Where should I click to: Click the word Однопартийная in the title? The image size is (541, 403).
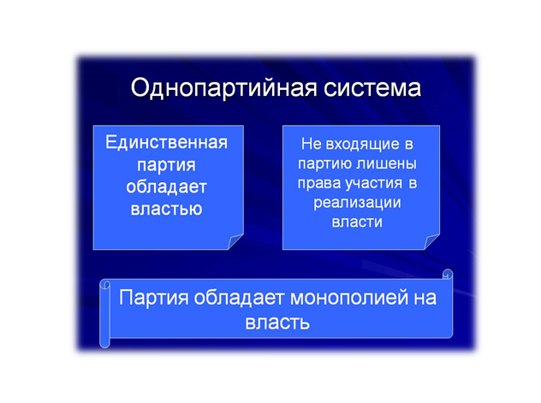223,88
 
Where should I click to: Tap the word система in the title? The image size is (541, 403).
372,88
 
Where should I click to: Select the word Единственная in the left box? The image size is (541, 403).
167,142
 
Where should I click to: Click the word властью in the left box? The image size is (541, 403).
166,209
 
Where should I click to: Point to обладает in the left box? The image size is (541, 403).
166,187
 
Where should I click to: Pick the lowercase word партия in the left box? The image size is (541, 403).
166,165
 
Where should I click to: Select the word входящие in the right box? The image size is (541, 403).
362,144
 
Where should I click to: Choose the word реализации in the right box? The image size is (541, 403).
357,203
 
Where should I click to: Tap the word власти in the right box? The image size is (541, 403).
357,222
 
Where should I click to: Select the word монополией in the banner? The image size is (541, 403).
348,298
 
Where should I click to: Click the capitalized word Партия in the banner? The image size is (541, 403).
154,298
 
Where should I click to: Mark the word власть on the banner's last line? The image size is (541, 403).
277,323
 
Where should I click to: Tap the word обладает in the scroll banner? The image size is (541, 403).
239,297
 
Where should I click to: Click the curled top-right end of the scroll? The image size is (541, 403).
448,275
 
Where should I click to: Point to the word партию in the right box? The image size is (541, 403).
324,163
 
